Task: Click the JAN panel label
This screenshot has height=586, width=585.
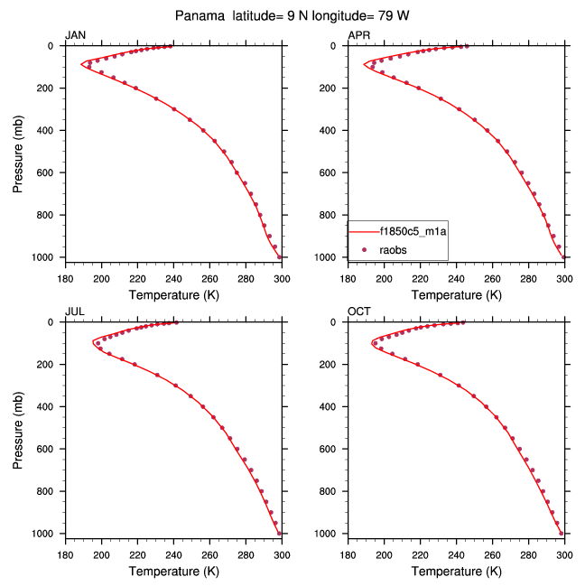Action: click(75, 35)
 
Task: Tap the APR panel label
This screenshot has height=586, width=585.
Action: click(358, 35)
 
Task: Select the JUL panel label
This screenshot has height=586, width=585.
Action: click(75, 312)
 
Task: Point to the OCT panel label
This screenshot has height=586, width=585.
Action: click(358, 312)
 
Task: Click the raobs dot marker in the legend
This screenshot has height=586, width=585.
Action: click(365, 248)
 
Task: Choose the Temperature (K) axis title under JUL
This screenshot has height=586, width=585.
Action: click(173, 571)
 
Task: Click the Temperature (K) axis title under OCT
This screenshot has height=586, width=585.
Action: click(456, 571)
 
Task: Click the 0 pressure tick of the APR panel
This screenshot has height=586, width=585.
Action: click(339, 46)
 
